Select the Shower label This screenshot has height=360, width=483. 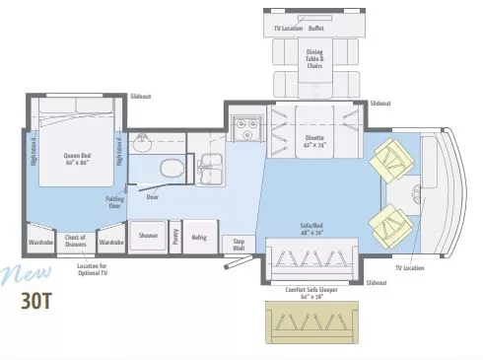tap(148, 236)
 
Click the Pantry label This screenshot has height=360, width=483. tap(174, 236)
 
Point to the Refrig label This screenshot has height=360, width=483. tap(199, 236)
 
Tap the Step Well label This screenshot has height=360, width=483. tap(238, 243)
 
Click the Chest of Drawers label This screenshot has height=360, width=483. tap(76, 240)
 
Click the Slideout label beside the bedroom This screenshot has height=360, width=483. tap(142, 97)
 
